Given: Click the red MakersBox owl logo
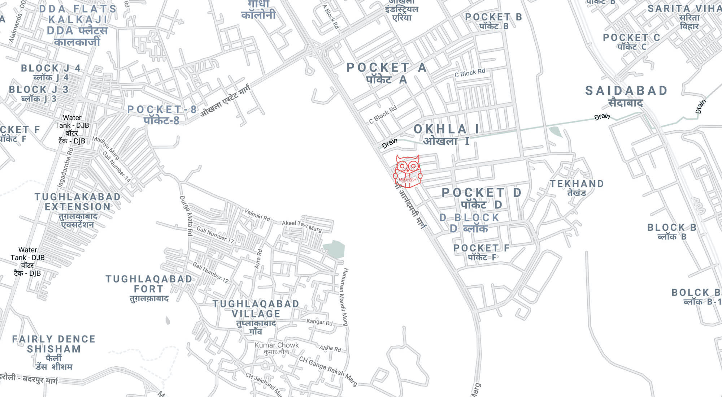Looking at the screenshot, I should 408,172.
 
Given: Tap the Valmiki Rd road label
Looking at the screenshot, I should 257,215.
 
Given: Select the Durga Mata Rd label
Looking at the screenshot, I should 186,215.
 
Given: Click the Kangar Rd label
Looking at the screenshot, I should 319,322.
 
